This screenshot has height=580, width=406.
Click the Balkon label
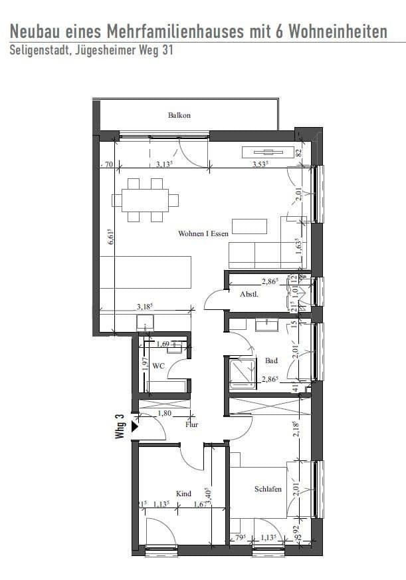tap(179, 115)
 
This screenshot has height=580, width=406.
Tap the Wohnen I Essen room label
tap(203, 233)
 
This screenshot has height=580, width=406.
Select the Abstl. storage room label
tap(249, 293)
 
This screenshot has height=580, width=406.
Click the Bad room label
tap(271, 361)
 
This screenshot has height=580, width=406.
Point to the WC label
tap(158, 366)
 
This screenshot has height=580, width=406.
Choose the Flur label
tap(193, 424)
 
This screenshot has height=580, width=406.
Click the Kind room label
tap(183, 494)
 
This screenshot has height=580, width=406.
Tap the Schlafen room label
tap(268, 490)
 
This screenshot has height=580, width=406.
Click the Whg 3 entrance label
tap(120, 426)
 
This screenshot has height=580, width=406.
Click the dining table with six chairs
tap(146, 200)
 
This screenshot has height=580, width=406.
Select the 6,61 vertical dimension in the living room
tap(111, 238)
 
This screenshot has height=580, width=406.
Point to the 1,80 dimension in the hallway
tap(163, 414)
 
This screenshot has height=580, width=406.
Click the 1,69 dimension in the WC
tap(163, 345)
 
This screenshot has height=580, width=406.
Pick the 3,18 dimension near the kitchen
tap(145, 307)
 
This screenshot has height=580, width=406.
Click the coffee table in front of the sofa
tap(249, 226)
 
